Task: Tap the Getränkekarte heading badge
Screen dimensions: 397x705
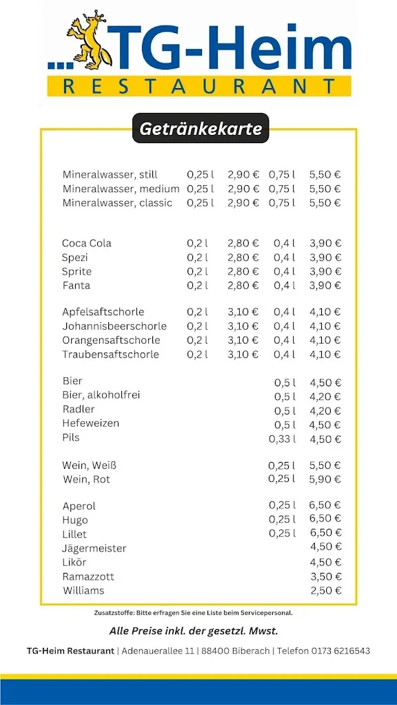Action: [201, 129]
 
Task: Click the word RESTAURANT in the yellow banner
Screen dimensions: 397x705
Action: [199, 87]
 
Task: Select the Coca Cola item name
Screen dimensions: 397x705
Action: [86, 243]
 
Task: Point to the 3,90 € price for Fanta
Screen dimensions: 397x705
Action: [325, 286]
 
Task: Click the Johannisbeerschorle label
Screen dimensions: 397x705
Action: [114, 326]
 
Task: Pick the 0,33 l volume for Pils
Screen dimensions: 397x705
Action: [282, 439]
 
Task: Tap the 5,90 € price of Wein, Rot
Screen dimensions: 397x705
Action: [325, 479]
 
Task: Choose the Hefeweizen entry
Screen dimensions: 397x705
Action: [90, 423]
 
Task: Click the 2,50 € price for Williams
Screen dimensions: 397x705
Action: [325, 591]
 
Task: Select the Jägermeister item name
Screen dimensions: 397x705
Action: [94, 549]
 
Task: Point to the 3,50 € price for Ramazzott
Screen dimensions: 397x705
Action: [325, 576]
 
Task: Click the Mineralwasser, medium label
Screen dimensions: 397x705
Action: [121, 189]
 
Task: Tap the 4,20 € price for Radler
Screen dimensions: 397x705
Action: [325, 410]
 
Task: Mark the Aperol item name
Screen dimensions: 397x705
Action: [79, 506]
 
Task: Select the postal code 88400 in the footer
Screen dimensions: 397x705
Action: [216, 651]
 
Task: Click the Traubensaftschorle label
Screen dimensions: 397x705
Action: [110, 355]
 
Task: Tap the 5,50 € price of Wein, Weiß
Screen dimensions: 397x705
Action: [325, 465]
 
